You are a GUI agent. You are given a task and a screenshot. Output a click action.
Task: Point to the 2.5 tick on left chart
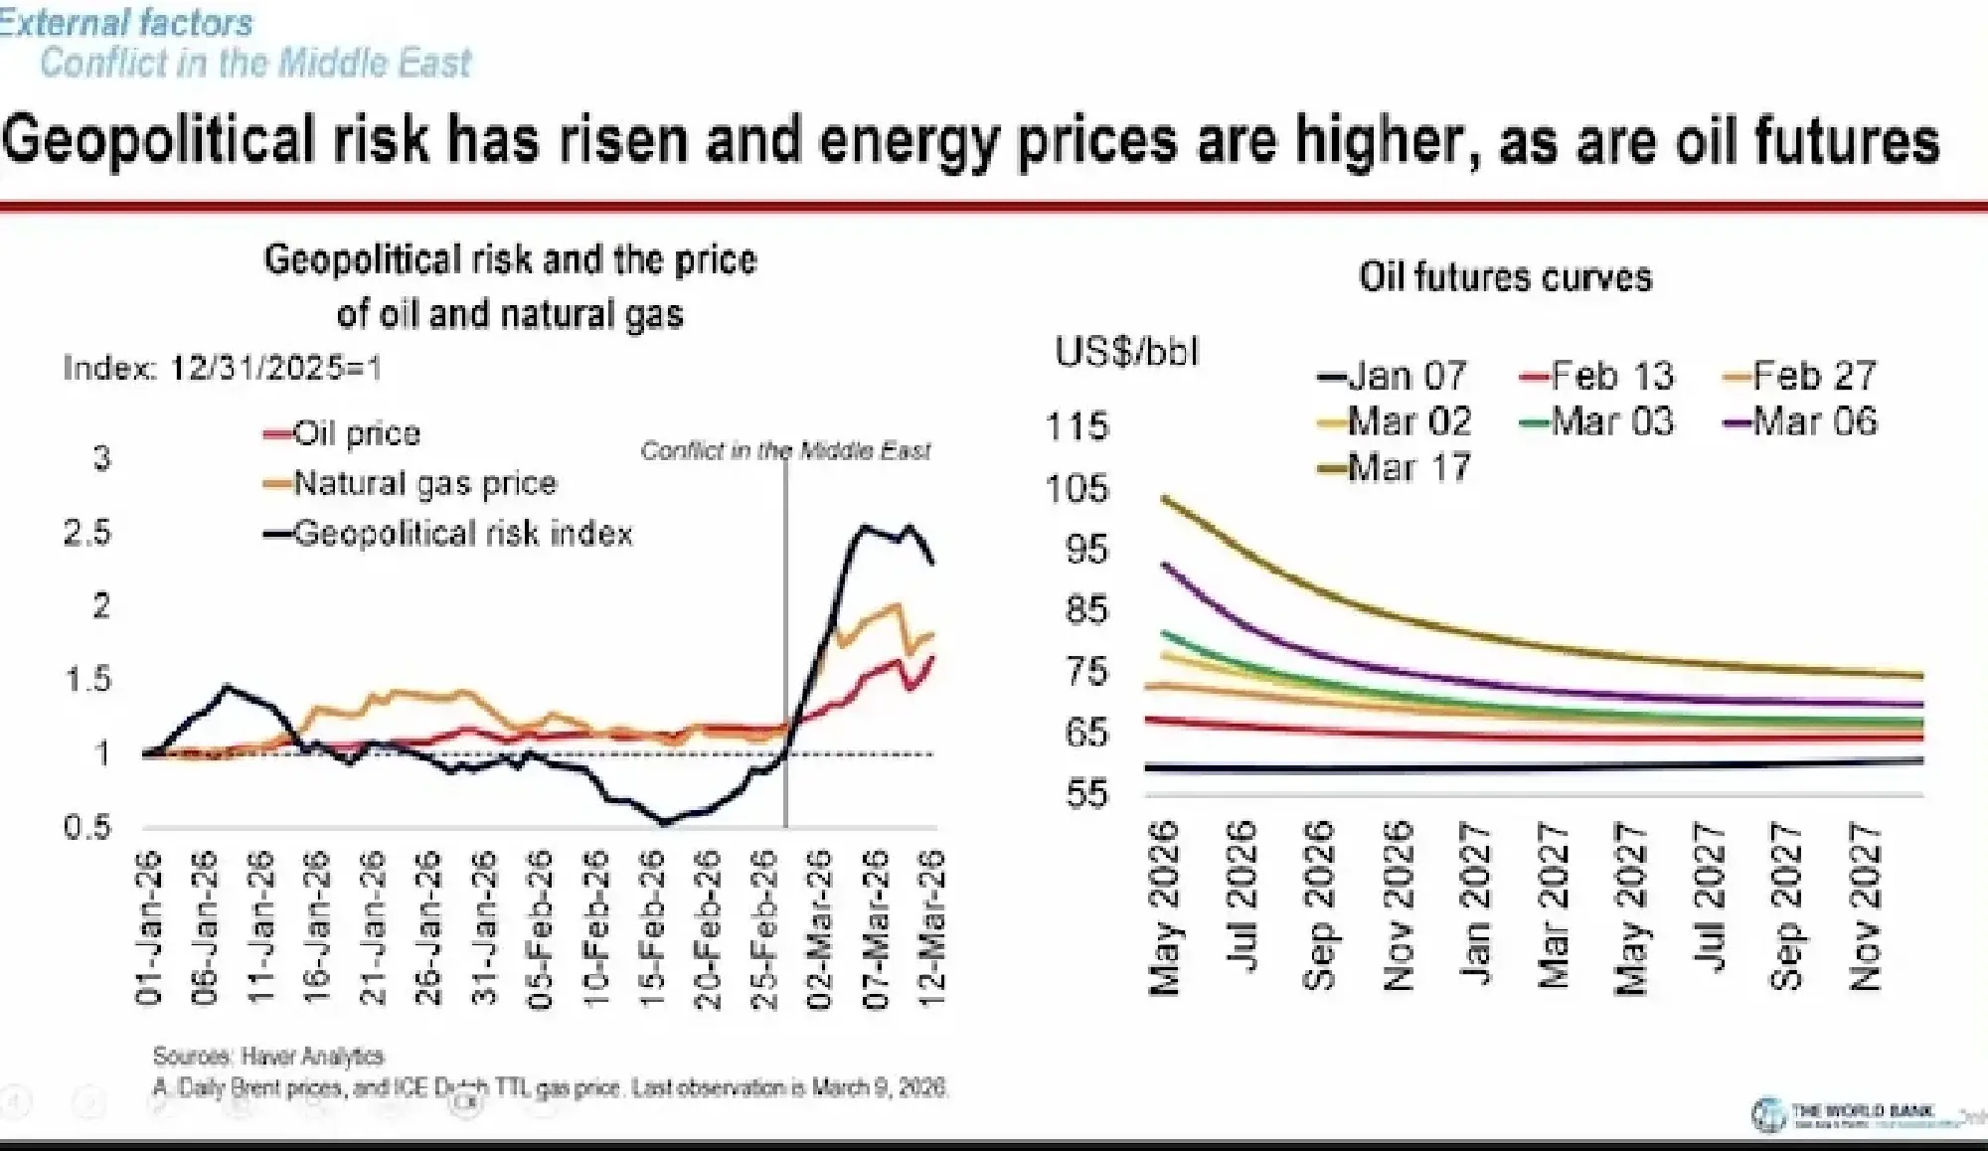pyautogui.click(x=87, y=533)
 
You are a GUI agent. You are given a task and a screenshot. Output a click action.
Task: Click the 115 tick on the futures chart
pyautogui.click(x=1077, y=426)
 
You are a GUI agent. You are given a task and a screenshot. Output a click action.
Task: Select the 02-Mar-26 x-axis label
pyautogui.click(x=819, y=928)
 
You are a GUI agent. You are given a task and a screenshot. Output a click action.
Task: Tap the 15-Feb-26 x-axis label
pyautogui.click(x=652, y=928)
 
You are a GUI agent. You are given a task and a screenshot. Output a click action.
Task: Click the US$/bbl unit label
pyautogui.click(x=1127, y=352)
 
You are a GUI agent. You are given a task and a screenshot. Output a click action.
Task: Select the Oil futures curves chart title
pyautogui.click(x=1505, y=276)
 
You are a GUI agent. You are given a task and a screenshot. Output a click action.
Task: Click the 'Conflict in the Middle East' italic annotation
pyautogui.click(x=785, y=451)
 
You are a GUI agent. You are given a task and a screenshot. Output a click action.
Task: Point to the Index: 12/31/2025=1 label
pyautogui.click(x=222, y=369)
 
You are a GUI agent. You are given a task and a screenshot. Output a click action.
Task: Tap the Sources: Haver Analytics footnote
pyautogui.click(x=268, y=1056)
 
